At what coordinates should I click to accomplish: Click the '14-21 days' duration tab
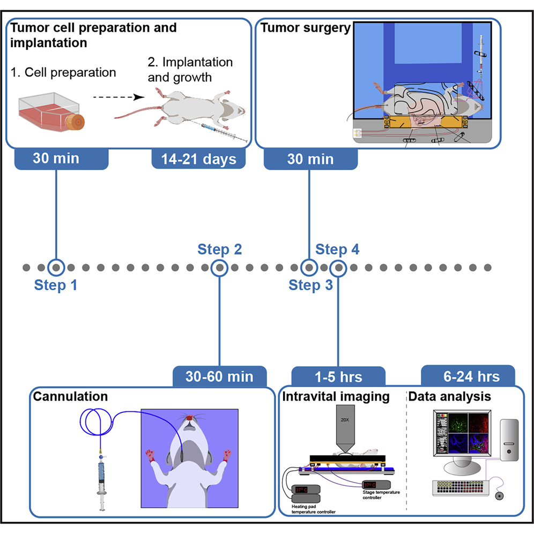tap(198, 159)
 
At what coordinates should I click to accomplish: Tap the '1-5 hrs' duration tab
tap(338, 376)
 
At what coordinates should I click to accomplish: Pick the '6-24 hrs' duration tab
tap(468, 376)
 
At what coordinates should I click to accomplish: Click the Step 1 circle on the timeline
tap(56, 267)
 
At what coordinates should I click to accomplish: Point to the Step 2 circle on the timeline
tap(219, 267)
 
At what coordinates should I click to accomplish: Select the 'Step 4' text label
tap(337, 249)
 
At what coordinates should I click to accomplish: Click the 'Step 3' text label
tap(310, 285)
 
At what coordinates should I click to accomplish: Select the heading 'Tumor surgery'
tap(305, 28)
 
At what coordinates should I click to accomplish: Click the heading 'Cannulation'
tap(70, 397)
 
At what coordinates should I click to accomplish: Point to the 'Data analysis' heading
tap(449, 397)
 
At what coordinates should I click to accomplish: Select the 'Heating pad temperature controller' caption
tap(314, 509)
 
